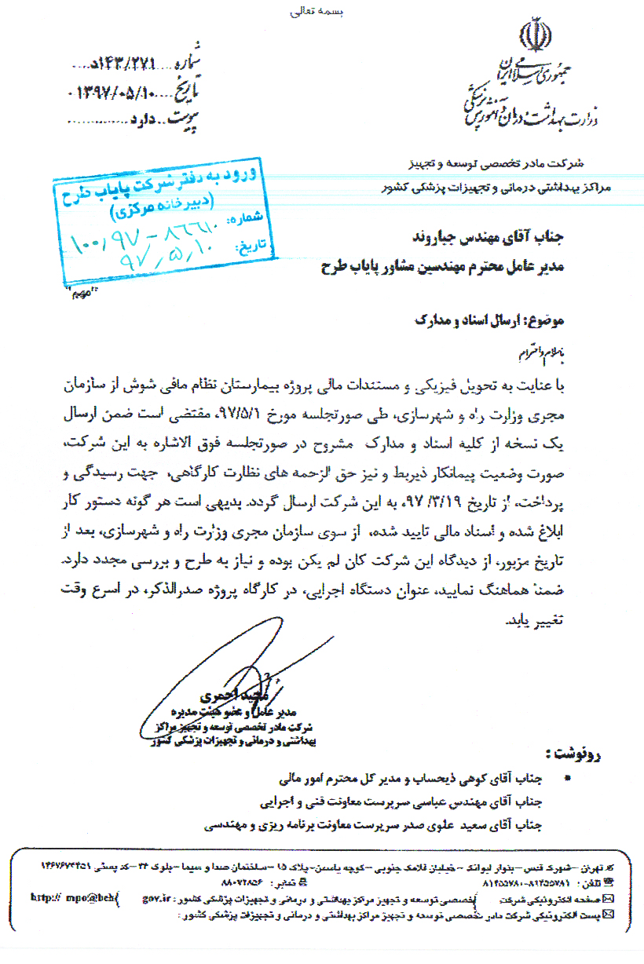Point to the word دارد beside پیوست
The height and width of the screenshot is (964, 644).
(148, 120)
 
